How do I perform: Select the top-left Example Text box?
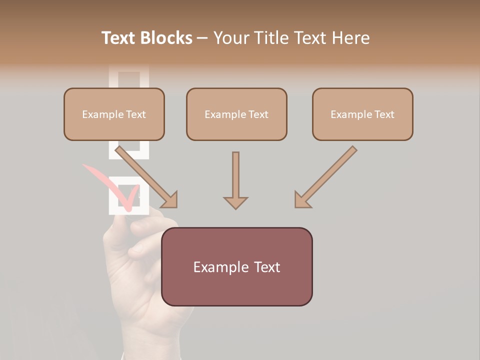click(x=114, y=114)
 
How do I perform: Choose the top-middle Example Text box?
click(x=236, y=114)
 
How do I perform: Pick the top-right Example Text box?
click(x=362, y=114)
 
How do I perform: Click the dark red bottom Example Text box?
click(x=236, y=266)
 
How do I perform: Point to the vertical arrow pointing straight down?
click(x=235, y=180)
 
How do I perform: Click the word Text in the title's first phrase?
click(x=118, y=38)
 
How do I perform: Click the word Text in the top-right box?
click(x=384, y=114)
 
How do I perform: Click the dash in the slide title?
click(x=202, y=38)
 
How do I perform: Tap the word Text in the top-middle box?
click(x=258, y=114)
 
